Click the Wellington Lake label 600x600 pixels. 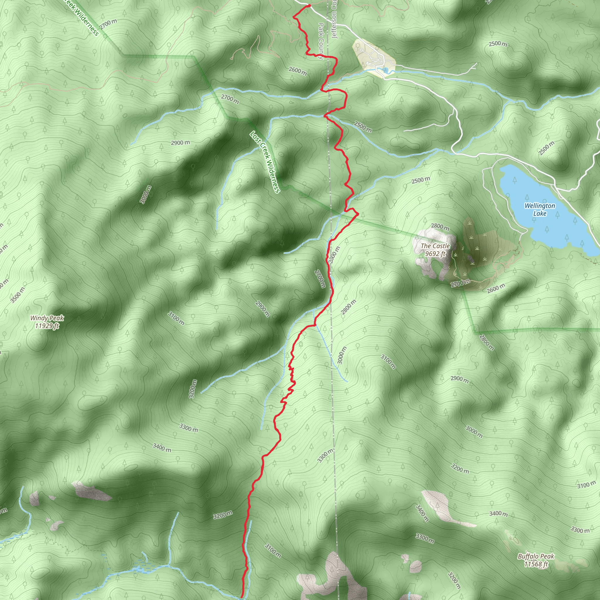pos(540,210)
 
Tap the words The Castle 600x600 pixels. pos(435,246)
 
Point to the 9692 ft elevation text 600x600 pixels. pos(435,254)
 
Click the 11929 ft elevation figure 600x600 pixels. pos(47,326)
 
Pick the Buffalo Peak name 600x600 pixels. pos(536,556)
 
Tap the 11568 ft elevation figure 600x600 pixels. pos(536,564)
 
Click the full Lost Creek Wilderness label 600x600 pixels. pos(265,162)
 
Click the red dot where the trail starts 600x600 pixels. pos(309,6)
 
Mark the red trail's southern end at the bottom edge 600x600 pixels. pos(242,596)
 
